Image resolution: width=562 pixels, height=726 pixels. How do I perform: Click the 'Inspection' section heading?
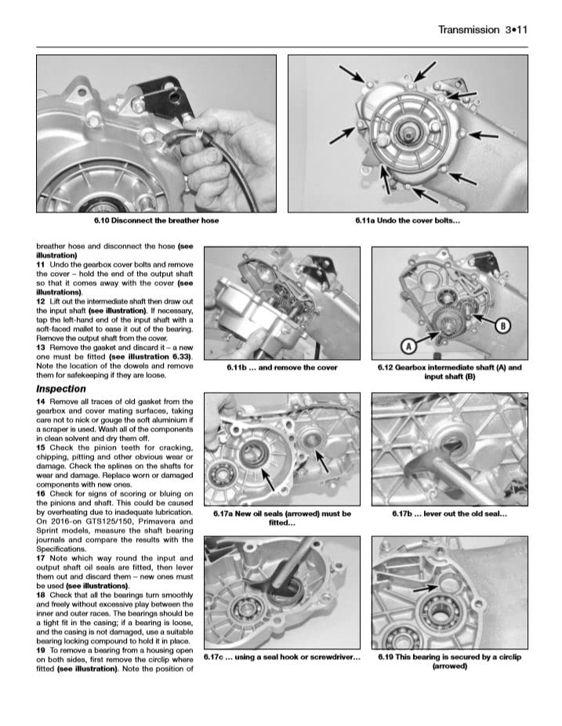(x=61, y=389)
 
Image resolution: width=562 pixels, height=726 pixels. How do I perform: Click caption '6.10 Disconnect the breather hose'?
(x=156, y=220)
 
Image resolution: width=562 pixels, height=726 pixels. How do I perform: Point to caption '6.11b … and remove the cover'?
(x=281, y=367)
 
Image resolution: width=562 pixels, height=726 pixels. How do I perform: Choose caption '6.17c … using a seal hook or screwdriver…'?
(x=281, y=657)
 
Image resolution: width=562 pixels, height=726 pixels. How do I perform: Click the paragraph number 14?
(x=41, y=401)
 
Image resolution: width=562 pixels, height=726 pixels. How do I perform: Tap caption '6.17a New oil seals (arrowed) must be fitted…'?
(x=281, y=518)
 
